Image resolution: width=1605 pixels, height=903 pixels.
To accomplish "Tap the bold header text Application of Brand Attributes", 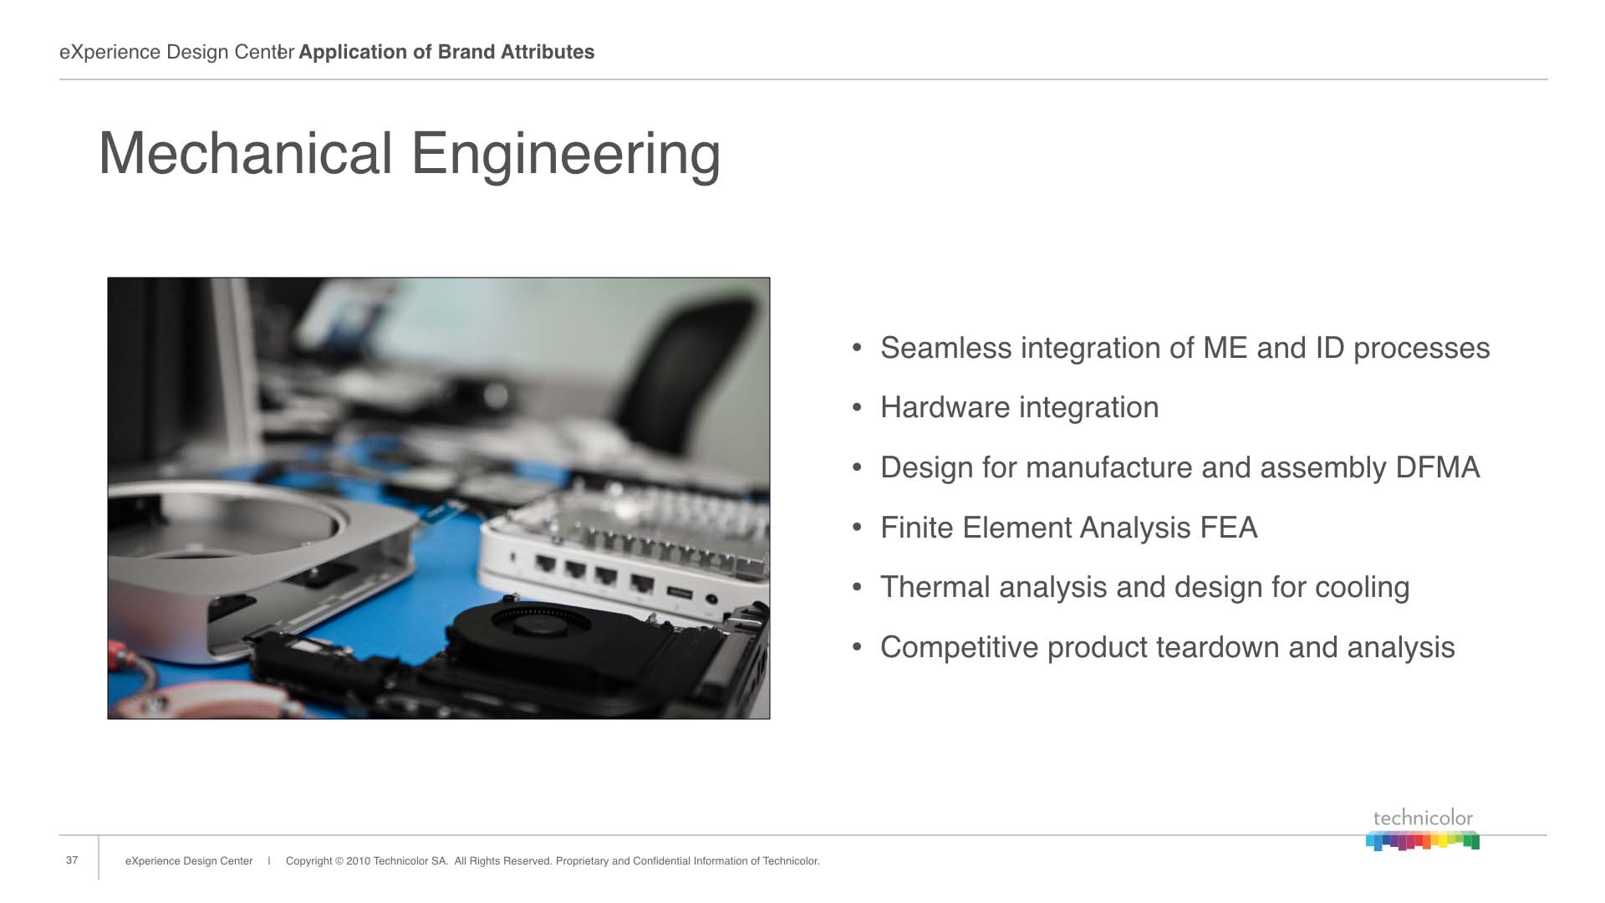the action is point(446,52).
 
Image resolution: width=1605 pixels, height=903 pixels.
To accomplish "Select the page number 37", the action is point(72,860).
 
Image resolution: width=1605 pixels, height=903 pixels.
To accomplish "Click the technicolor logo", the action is point(1423,829).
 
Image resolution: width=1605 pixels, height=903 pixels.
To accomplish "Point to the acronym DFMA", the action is point(1438,467).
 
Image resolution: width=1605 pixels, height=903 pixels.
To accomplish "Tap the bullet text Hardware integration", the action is point(1020,408).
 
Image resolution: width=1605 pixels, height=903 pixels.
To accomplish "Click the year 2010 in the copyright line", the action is point(358,861).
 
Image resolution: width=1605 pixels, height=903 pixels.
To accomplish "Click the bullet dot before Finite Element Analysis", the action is point(857,528).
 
